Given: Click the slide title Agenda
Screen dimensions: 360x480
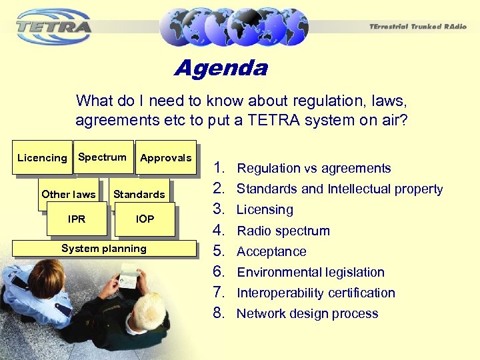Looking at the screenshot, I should coord(221,69).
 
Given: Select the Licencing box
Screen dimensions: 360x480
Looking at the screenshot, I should coord(41,158).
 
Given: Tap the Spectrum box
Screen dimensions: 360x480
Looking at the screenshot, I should coord(102,157).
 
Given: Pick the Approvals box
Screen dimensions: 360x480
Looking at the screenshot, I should coord(165,158).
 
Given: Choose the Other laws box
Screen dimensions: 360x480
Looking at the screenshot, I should coord(68,194).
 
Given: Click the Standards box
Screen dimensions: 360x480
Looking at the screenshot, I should coord(139,194).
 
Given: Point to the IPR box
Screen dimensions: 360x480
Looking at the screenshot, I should coord(76,219).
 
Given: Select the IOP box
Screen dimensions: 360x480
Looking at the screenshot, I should coord(145,219).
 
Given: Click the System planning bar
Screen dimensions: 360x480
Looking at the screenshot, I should coord(103,248).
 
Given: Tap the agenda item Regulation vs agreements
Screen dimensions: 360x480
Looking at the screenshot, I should coord(314,169).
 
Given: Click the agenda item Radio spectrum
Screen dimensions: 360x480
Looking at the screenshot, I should coord(283,231).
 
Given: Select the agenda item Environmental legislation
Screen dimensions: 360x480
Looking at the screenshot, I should coord(311,272).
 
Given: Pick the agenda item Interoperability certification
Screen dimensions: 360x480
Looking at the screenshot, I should coord(316,293).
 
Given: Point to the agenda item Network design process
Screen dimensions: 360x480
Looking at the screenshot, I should coord(307,313).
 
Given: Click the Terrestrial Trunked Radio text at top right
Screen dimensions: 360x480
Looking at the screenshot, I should coord(418,26).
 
